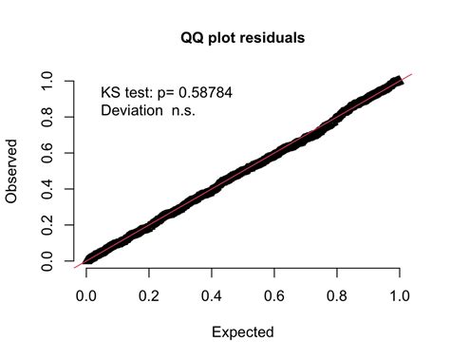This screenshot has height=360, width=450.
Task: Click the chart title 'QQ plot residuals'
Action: click(x=242, y=39)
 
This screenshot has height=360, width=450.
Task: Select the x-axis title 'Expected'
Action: click(x=242, y=332)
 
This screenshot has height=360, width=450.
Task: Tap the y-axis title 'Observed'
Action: click(x=12, y=172)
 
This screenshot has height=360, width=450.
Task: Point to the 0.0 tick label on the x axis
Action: click(x=86, y=296)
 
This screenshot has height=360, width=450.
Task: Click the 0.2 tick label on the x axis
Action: click(x=149, y=296)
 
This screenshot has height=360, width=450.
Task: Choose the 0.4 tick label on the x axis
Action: click(x=212, y=296)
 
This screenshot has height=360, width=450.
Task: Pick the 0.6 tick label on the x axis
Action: click(x=274, y=296)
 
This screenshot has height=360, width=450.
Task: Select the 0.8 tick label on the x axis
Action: click(x=337, y=296)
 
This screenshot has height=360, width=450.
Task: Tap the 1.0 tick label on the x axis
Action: click(x=400, y=296)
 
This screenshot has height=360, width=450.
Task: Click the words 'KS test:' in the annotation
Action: click(x=129, y=93)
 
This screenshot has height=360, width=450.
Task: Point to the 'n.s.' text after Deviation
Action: click(x=187, y=111)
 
